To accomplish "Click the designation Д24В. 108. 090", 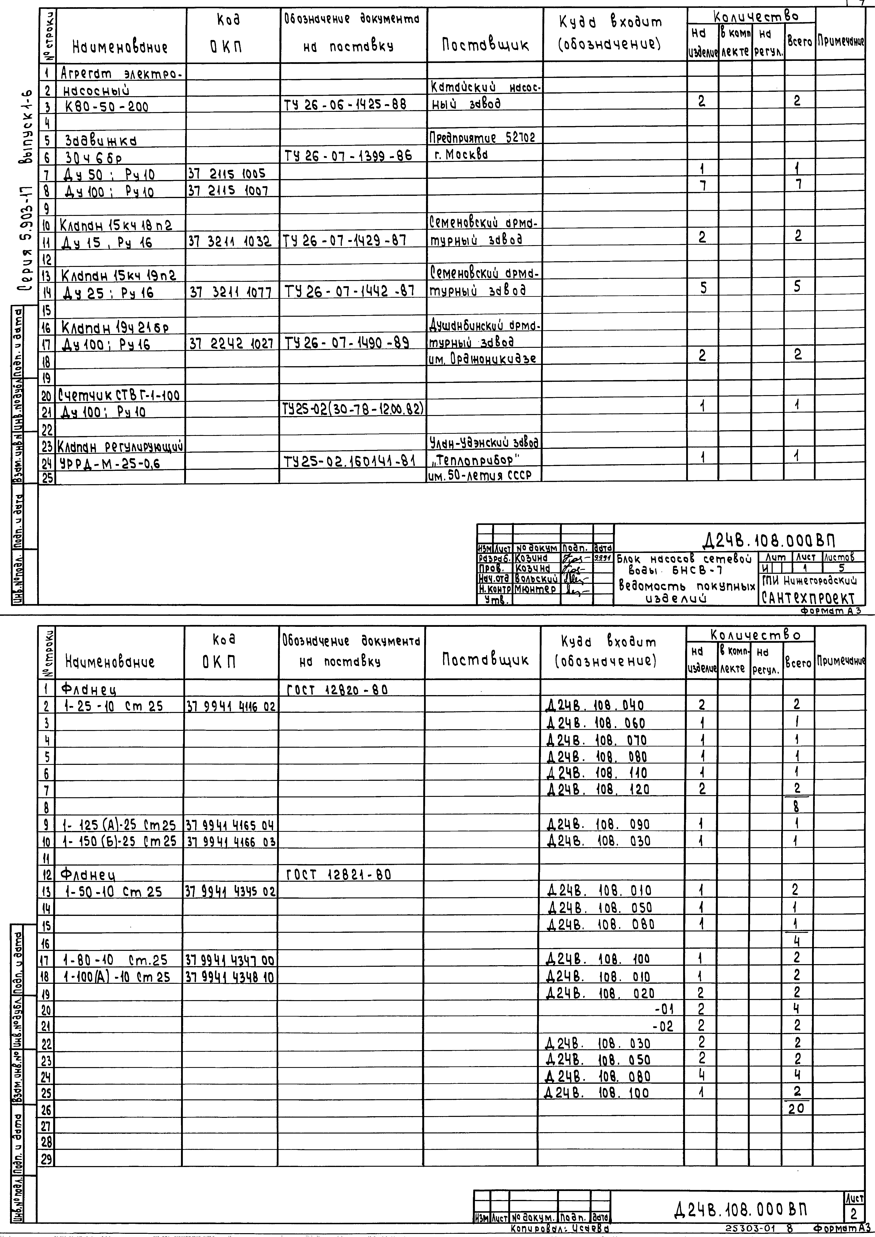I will click(x=598, y=824).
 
